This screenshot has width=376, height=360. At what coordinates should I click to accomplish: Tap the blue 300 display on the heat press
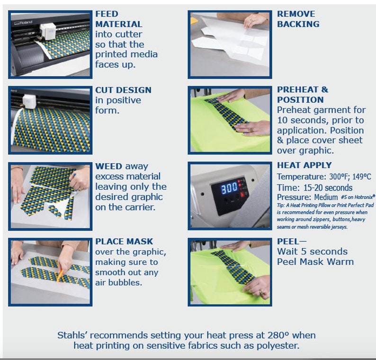coord(229,188)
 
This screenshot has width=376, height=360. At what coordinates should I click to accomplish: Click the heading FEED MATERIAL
coord(119,19)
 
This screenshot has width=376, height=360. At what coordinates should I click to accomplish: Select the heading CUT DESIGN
coord(123,90)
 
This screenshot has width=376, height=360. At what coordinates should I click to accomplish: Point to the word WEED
coord(108,166)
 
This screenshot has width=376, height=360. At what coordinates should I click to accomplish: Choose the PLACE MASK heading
coord(124,241)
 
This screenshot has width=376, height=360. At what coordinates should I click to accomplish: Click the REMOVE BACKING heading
coord(298,19)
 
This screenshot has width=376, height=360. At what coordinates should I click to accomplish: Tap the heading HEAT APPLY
coord(304,165)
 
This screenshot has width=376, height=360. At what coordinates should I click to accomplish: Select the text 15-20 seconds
coord(328,187)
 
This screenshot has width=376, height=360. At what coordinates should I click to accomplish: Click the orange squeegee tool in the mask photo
coord(60,275)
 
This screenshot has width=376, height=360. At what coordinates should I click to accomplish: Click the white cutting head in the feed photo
coord(48,31)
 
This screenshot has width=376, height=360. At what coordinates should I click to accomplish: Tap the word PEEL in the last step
coord(288,241)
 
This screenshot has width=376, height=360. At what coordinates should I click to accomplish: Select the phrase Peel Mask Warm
coord(315,262)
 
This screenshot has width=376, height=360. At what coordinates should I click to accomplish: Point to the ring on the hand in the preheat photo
coord(251,130)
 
